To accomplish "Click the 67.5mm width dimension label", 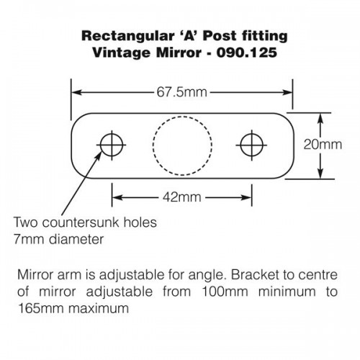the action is [182, 92].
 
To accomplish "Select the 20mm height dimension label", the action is [323, 145].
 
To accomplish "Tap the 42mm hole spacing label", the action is [182, 197].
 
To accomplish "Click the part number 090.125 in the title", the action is [247, 53].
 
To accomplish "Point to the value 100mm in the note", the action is [225, 292].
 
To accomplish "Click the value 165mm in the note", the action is [40, 308].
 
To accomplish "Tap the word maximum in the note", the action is [99, 308].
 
